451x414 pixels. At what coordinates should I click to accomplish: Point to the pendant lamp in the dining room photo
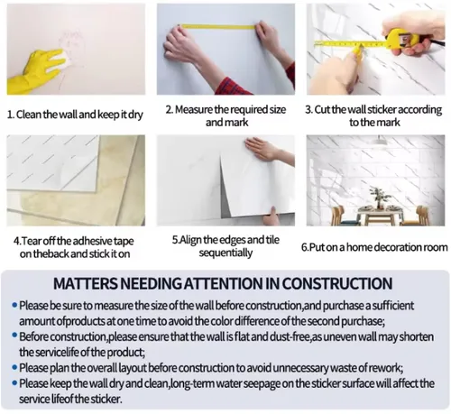pos(380,140)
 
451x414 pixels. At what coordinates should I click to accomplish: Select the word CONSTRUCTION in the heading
pos(337,283)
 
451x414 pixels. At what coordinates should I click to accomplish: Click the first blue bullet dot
pos(14,306)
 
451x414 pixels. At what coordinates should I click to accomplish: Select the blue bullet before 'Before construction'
pos(14,335)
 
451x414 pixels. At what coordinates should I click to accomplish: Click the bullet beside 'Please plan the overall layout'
pos(14,367)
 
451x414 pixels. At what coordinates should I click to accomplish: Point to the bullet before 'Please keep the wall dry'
pos(14,383)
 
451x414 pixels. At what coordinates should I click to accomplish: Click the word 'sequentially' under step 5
pos(225,253)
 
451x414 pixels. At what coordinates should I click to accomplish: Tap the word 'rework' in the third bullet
pos(388,368)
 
